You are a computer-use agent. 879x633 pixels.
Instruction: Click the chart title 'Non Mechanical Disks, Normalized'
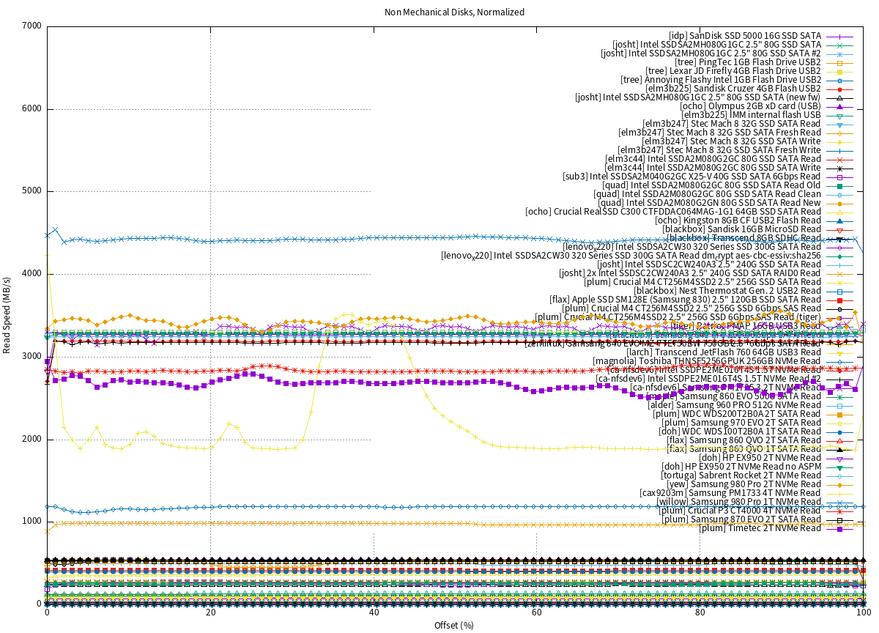pyautogui.click(x=454, y=12)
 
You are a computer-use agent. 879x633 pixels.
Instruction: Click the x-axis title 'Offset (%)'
pyautogui.click(x=454, y=624)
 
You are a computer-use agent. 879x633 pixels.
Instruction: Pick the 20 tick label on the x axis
pyautogui.click(x=210, y=613)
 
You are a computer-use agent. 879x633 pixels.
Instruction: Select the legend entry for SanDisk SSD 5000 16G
pyautogui.click(x=745, y=36)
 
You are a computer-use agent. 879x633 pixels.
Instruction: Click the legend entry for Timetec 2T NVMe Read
pyautogui.click(x=760, y=528)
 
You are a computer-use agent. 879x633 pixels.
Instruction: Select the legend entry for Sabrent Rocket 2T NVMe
pyautogui.click(x=741, y=475)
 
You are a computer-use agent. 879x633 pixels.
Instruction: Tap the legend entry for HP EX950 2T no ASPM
pyautogui.click(x=741, y=467)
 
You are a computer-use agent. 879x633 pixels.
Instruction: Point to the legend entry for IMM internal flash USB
pyautogui.click(x=751, y=115)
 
